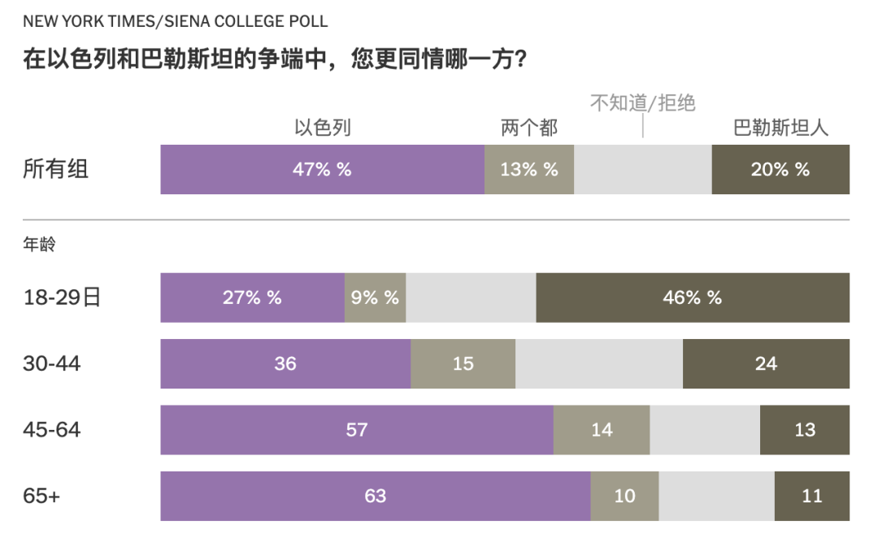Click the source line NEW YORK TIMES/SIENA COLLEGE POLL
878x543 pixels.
(x=176, y=21)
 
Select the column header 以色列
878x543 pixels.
(x=322, y=128)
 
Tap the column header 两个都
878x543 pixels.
(x=529, y=128)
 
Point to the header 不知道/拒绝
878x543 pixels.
(x=642, y=103)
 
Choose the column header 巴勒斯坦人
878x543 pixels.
(x=780, y=128)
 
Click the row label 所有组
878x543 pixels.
(x=56, y=169)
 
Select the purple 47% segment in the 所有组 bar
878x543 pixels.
(x=322, y=169)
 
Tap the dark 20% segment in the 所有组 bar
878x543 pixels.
(x=780, y=169)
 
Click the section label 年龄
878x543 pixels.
(x=39, y=244)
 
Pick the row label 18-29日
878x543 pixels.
(x=62, y=298)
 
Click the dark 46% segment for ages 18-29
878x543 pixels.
(x=693, y=298)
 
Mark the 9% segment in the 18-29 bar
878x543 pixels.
(x=375, y=298)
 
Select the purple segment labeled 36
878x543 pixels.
(x=285, y=363)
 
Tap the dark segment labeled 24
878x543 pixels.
(x=766, y=363)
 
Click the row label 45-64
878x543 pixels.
(x=52, y=429)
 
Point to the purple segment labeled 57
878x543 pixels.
(x=357, y=429)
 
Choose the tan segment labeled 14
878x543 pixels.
(x=602, y=429)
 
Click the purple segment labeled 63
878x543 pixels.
(x=375, y=495)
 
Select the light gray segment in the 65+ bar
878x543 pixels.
(x=716, y=495)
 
